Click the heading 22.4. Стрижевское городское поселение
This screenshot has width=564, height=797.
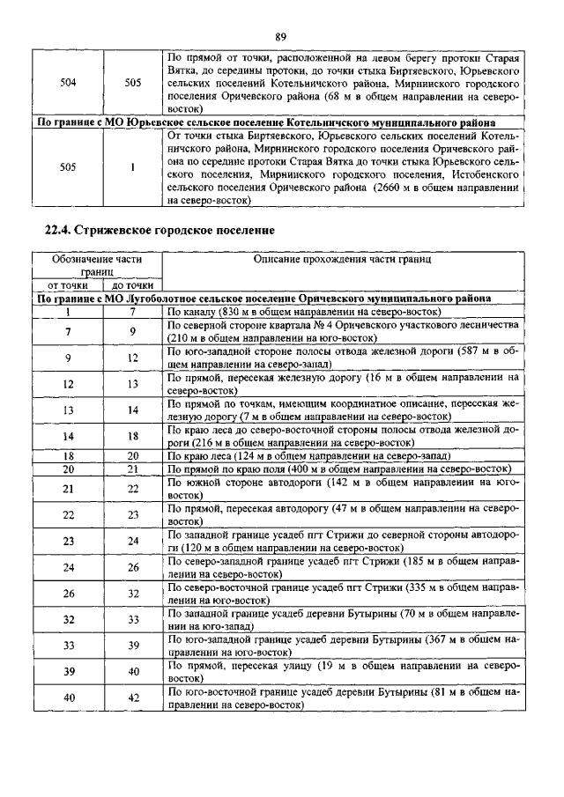[160, 231]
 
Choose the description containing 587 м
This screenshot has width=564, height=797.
[342, 357]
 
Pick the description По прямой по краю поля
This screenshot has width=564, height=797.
[339, 469]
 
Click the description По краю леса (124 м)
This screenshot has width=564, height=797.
[309, 456]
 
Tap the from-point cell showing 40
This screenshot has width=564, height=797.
[68, 697]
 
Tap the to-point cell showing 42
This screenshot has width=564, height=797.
[133, 697]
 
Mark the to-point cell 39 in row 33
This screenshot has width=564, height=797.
[133, 646]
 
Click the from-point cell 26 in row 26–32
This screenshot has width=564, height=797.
[68, 594]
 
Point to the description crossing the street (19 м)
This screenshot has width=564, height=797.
[342, 672]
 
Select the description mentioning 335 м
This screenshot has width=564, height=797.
[342, 594]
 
